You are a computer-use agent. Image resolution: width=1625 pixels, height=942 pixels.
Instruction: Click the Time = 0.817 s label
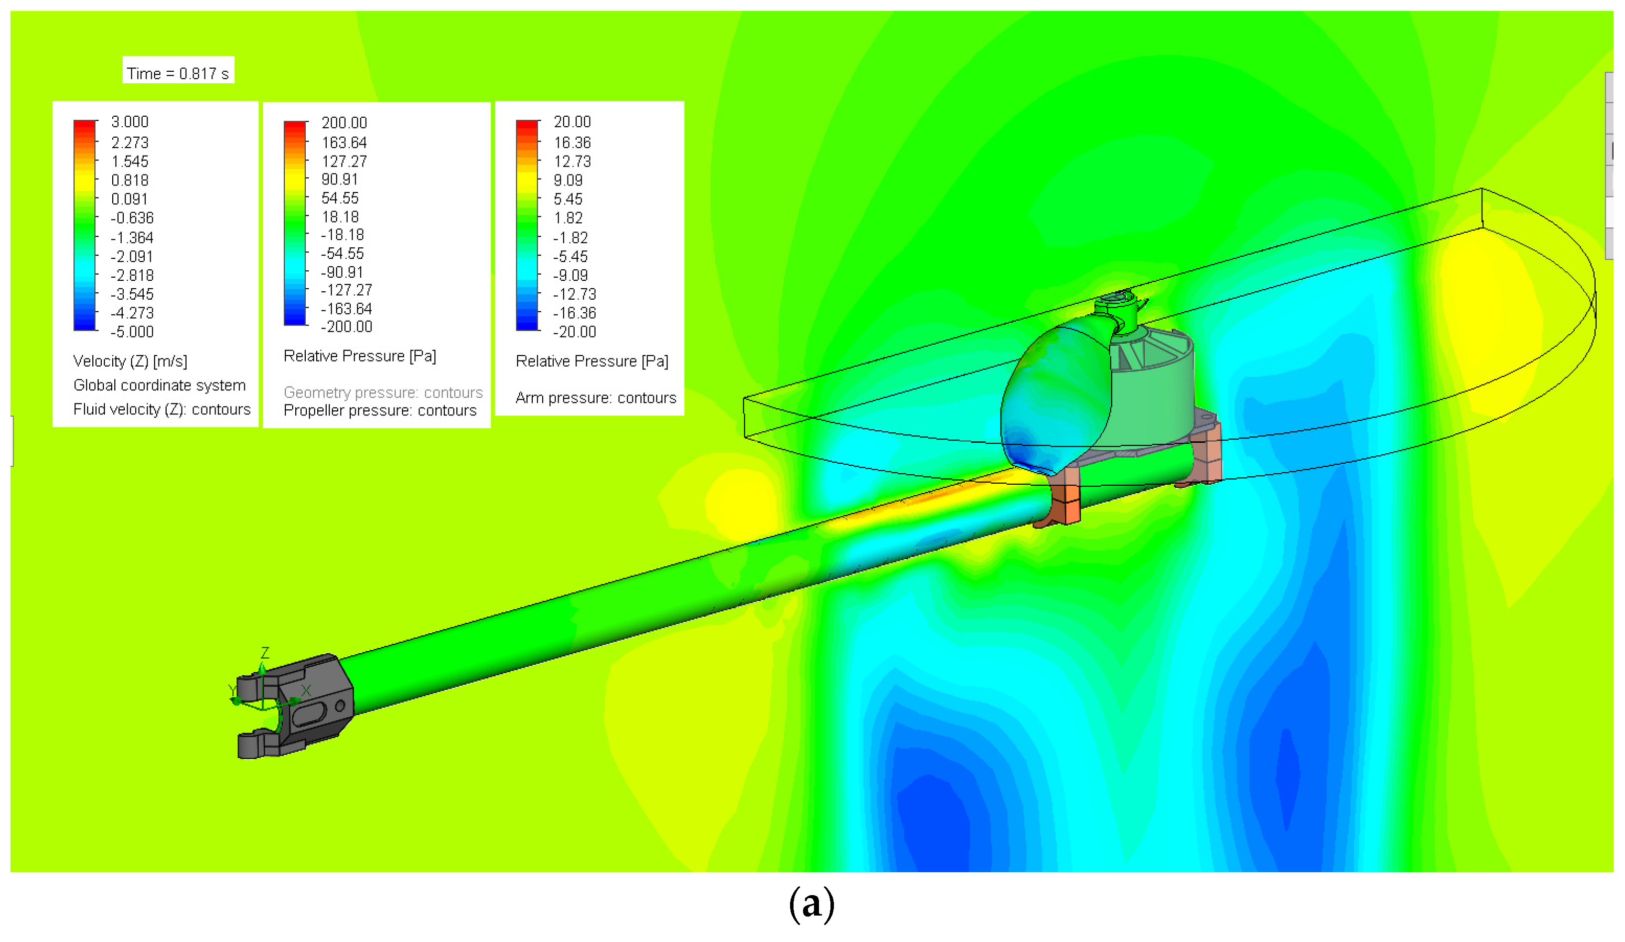click(178, 73)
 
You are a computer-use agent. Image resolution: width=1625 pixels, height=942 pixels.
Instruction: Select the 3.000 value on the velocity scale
click(130, 122)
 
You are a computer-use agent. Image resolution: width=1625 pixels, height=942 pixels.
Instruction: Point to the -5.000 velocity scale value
click(132, 332)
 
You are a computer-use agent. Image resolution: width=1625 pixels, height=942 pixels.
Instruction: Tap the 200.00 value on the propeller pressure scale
click(344, 123)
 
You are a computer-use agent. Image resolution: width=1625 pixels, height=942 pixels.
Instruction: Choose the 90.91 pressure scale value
click(340, 179)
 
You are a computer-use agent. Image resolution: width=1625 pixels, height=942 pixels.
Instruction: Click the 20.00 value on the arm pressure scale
click(572, 122)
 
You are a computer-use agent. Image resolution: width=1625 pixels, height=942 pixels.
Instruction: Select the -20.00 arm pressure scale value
click(575, 332)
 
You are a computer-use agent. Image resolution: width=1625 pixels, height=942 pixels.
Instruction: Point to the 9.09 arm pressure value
click(568, 181)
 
